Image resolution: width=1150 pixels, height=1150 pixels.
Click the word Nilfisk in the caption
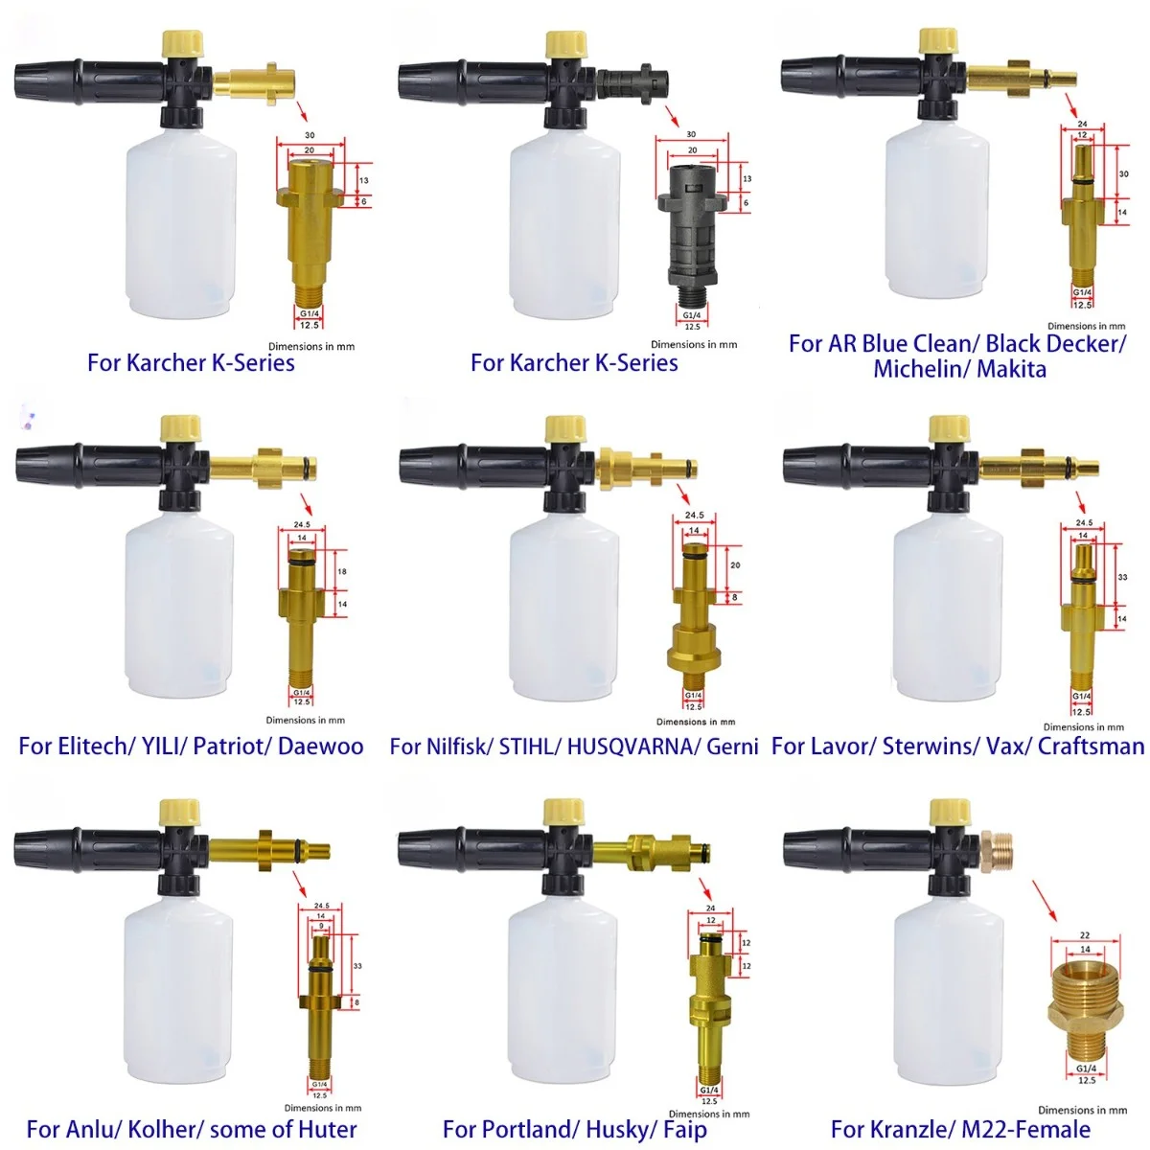(442, 747)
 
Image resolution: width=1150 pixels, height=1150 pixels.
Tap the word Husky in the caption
(619, 1130)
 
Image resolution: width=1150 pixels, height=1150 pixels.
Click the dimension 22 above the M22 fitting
(1085, 935)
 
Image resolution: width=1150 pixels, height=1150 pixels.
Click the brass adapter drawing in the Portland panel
(708, 1006)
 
